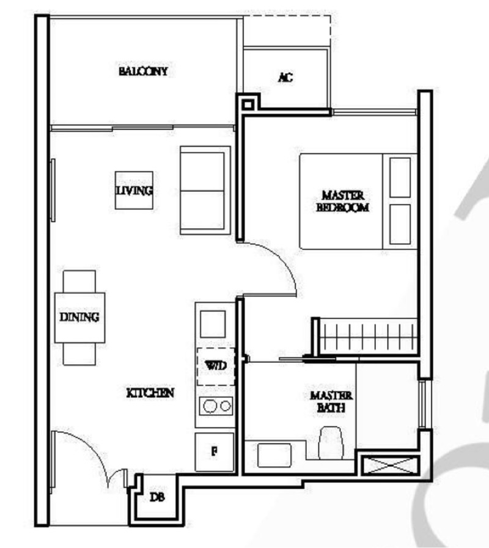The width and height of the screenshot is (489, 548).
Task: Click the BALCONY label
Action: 143,71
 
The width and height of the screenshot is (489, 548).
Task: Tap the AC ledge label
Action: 285,77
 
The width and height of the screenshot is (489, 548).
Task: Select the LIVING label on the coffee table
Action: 134,191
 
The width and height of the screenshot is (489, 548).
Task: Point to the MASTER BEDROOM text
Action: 342,201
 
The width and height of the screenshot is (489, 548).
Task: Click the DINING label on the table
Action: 79,317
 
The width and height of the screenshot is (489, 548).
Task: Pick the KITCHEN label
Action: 150,393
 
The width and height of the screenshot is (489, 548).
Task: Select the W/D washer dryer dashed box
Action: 215,366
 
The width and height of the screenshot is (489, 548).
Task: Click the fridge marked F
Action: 215,452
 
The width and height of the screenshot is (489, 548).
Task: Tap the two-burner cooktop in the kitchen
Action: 216,405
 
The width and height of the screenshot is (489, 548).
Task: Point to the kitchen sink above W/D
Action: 214,324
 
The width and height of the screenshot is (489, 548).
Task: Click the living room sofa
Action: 203,190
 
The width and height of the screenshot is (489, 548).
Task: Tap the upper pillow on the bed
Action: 400,177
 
